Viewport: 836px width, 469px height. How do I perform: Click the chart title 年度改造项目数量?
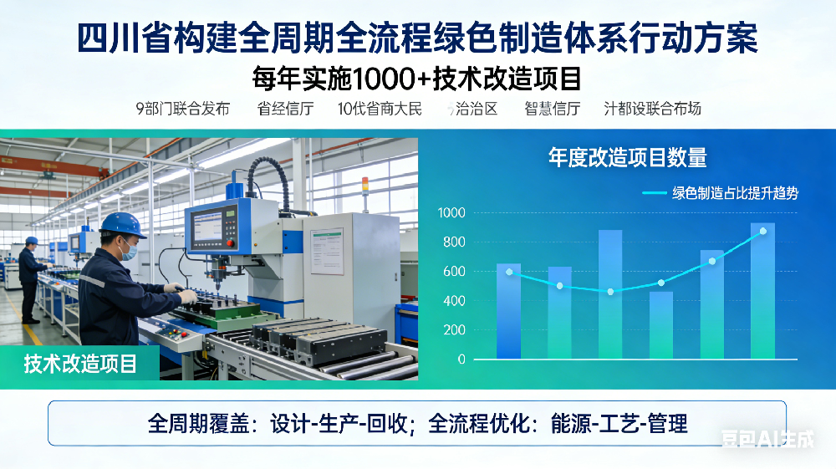627,157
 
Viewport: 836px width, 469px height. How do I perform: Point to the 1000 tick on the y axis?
451,213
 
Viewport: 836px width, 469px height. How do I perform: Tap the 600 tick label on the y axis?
454,272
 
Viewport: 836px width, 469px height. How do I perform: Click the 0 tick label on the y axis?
461,359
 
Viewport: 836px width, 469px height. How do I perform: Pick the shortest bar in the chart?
660,325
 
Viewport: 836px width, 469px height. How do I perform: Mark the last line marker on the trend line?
762,231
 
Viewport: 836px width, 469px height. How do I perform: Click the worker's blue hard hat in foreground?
122,223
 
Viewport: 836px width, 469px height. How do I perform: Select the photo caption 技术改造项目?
80,364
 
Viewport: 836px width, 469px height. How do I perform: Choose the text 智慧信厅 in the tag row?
553,109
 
